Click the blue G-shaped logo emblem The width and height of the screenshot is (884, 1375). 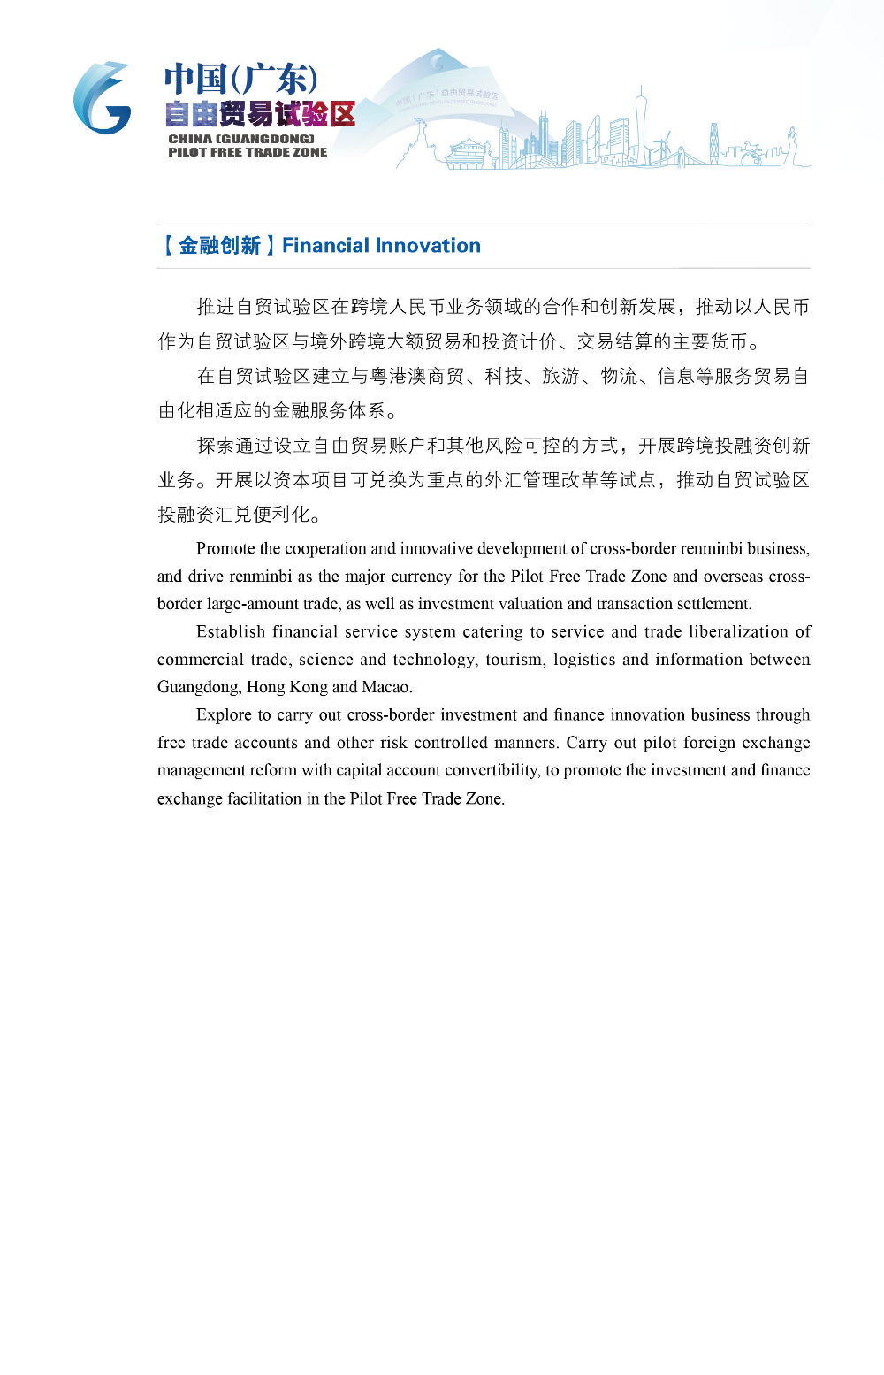pos(102,98)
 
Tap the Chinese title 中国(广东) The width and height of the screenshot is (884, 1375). pos(240,80)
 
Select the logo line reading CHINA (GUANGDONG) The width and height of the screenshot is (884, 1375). pos(241,139)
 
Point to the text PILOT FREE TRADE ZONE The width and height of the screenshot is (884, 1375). pos(248,152)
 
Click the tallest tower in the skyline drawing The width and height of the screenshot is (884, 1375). pos(641,124)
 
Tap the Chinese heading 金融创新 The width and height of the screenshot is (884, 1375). pos(219,246)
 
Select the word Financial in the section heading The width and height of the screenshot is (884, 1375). pos(325,246)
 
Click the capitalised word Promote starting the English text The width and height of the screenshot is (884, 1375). pos(225,549)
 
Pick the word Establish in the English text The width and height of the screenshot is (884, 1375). pos(231,632)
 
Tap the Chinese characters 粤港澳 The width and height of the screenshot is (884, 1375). pos(398,377)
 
